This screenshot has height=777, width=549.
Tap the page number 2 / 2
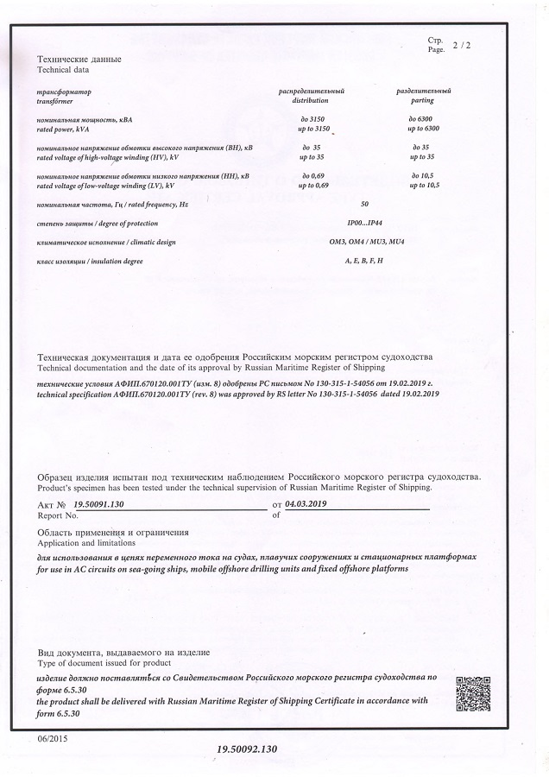[462, 44]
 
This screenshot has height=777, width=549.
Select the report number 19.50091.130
[100, 502]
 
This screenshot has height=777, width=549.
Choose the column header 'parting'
[423, 101]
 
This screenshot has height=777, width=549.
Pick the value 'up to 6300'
[423, 128]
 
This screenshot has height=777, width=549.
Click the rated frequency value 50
[364, 205]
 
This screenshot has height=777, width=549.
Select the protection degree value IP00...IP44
[363, 223]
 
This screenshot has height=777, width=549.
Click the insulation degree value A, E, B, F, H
[363, 260]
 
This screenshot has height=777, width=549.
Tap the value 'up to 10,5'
[423, 186]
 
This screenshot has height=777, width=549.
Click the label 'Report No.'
[59, 515]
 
